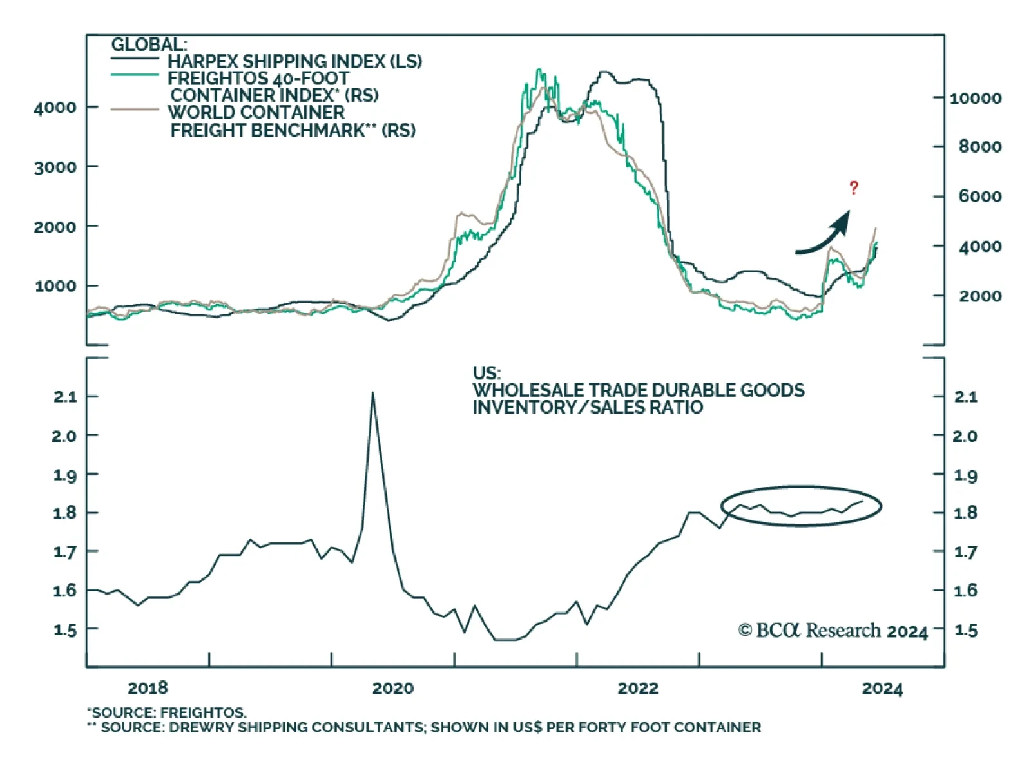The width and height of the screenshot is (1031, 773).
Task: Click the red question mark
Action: tap(854, 188)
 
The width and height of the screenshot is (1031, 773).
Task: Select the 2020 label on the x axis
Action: tap(392, 688)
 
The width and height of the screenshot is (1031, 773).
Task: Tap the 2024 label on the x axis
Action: tap(882, 689)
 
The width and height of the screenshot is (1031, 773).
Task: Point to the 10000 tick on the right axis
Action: tap(976, 98)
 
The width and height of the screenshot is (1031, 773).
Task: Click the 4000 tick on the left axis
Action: tap(55, 107)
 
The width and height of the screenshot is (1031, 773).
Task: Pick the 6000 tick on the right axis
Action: tap(979, 196)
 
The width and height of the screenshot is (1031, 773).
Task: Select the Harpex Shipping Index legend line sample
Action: tap(135, 59)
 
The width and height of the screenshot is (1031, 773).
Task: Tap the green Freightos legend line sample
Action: tap(135, 75)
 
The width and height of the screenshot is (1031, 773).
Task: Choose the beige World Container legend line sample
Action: tap(135, 110)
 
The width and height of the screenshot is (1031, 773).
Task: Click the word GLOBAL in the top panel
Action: tap(149, 44)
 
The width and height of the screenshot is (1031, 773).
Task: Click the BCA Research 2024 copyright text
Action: tap(833, 631)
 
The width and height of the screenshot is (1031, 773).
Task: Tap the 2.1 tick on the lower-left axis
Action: tap(65, 397)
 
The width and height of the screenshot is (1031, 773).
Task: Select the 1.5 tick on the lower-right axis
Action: tap(965, 630)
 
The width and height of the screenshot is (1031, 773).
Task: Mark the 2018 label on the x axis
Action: tap(148, 688)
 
